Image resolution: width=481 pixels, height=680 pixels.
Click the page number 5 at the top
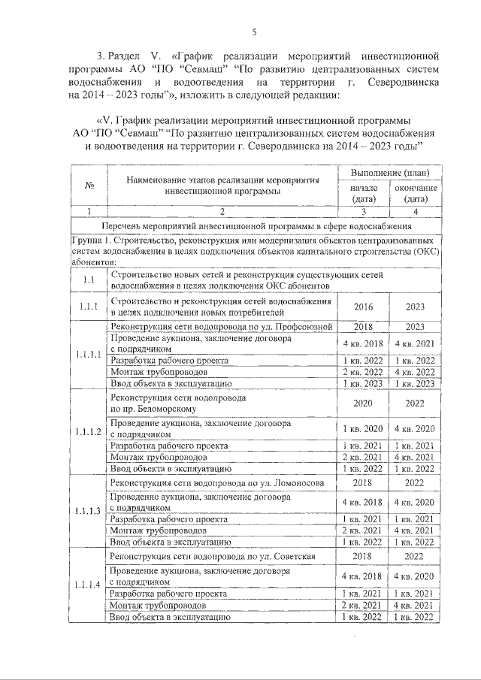tap(253, 32)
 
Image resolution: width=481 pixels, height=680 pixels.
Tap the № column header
tap(89, 186)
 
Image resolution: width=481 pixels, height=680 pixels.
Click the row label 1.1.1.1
tap(89, 354)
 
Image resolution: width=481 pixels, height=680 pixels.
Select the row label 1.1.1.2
tap(89, 431)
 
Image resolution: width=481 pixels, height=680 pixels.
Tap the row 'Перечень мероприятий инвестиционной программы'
tap(253, 225)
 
